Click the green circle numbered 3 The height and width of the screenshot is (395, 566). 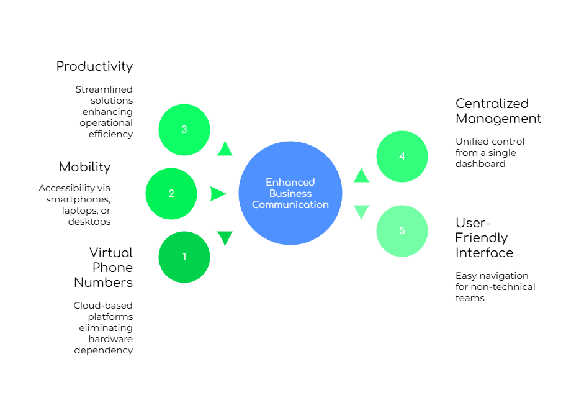pyautogui.click(x=184, y=129)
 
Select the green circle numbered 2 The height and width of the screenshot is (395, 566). pyautogui.click(x=171, y=194)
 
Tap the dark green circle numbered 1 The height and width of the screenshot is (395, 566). pyautogui.click(x=184, y=257)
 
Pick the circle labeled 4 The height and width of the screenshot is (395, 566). pyautogui.click(x=402, y=157)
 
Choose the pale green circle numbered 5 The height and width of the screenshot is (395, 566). pyautogui.click(x=402, y=231)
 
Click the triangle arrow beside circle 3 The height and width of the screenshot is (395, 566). pyautogui.click(x=225, y=149)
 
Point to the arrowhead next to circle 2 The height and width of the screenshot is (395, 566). pyautogui.click(x=218, y=194)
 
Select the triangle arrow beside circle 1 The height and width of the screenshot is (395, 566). pyautogui.click(x=225, y=238)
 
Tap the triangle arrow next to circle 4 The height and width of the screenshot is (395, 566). pyautogui.click(x=361, y=176)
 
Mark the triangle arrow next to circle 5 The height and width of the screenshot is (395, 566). pyautogui.click(x=361, y=212)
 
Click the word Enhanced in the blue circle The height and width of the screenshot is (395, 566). pyautogui.click(x=290, y=182)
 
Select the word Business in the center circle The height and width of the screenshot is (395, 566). pyautogui.click(x=290, y=193)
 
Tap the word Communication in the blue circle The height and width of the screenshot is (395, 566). pyautogui.click(x=290, y=204)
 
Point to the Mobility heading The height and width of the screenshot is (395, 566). pyautogui.click(x=85, y=166)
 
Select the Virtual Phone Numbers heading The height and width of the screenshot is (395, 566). pyautogui.click(x=105, y=267)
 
